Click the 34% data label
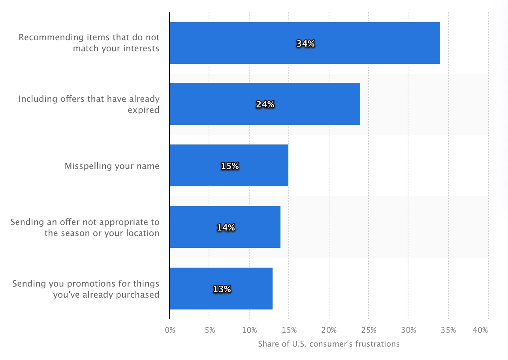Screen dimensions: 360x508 [305, 44]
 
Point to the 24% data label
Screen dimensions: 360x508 [265, 105]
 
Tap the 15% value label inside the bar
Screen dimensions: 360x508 [230, 166]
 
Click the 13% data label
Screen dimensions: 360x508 [222, 289]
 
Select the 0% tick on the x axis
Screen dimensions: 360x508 [170, 330]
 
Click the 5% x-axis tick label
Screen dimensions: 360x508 [210, 330]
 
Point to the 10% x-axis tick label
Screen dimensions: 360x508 [249, 330]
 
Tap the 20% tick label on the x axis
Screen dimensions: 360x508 [329, 330]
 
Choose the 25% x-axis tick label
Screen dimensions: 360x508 [369, 330]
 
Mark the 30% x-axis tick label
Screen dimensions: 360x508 [408, 330]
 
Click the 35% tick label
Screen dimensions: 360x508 [448, 330]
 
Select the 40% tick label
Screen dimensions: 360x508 [480, 330]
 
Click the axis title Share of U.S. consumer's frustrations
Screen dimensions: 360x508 [329, 344]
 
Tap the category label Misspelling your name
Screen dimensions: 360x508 [112, 166]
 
